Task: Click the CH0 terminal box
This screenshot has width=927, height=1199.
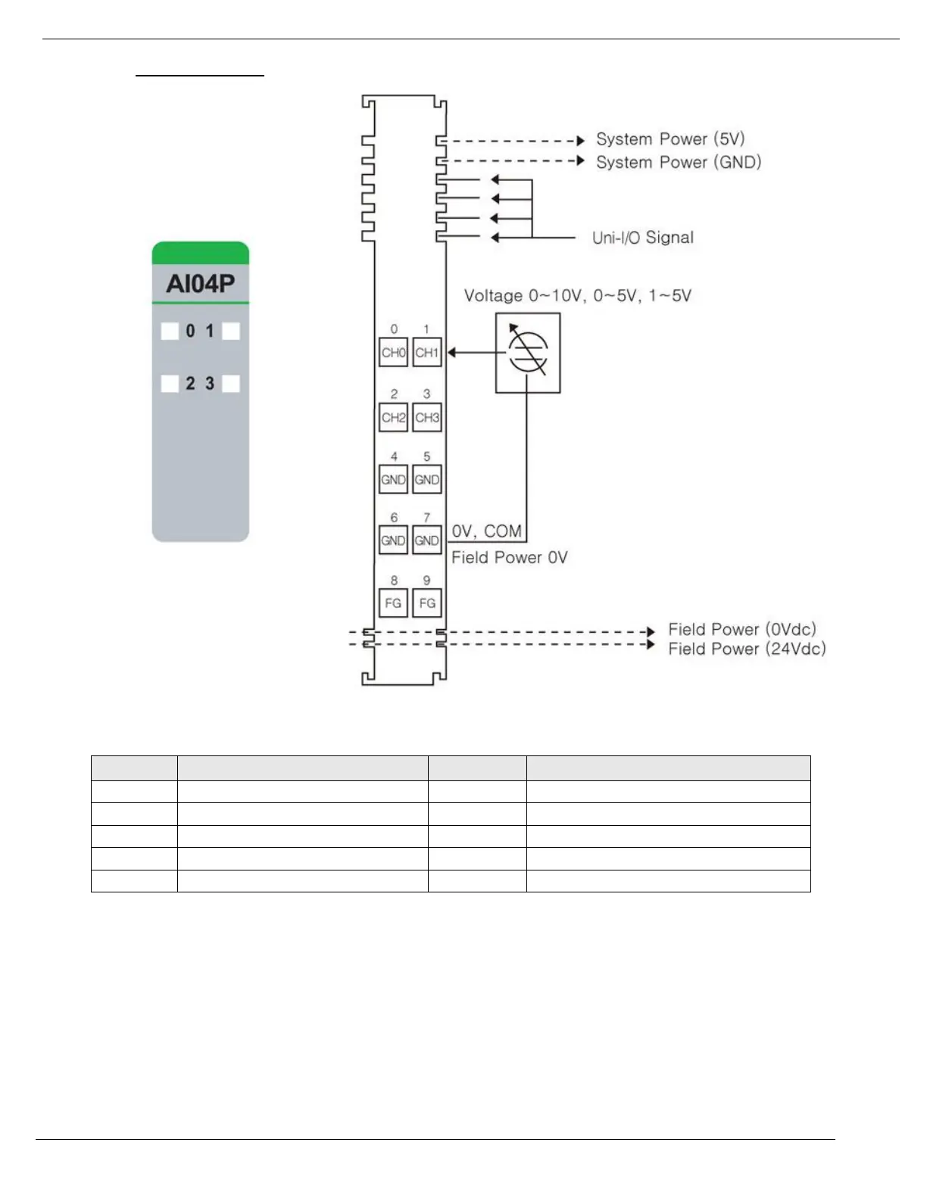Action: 393,353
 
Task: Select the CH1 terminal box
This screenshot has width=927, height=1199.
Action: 427,353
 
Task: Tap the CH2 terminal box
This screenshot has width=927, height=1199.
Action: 393,417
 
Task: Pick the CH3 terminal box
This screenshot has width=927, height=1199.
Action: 427,417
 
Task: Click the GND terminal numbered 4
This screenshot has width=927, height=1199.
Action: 393,479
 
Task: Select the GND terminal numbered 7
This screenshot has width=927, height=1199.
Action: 427,540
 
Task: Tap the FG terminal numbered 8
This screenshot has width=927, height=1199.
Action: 393,603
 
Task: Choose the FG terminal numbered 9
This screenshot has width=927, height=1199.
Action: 427,603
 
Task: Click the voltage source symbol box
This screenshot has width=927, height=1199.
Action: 528,353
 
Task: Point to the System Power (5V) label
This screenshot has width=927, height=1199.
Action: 670,139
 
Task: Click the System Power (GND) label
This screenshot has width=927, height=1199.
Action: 679,162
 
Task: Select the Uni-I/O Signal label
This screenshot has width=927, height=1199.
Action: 643,238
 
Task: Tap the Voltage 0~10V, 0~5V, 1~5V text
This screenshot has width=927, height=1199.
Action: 578,296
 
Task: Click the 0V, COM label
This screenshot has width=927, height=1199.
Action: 487,531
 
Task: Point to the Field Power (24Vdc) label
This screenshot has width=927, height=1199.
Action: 747,649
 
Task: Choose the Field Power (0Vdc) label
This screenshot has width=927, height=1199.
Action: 742,629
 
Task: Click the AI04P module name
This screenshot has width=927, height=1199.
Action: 201,284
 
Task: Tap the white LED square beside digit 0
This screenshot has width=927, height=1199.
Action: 170,331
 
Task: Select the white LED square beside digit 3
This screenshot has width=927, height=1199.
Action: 231,384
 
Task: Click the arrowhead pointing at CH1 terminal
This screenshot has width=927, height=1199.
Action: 451,353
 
